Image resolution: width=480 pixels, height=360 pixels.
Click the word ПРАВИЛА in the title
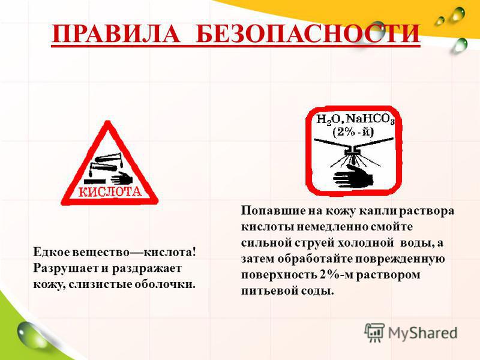tap(116, 34)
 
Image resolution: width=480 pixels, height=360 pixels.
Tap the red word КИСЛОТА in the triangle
tap(110, 191)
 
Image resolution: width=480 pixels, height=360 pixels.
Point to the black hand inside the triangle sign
tap(122, 178)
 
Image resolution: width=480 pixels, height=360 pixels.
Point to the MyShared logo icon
tap(374, 332)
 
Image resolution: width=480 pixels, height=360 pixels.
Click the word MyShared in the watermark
tap(423, 333)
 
